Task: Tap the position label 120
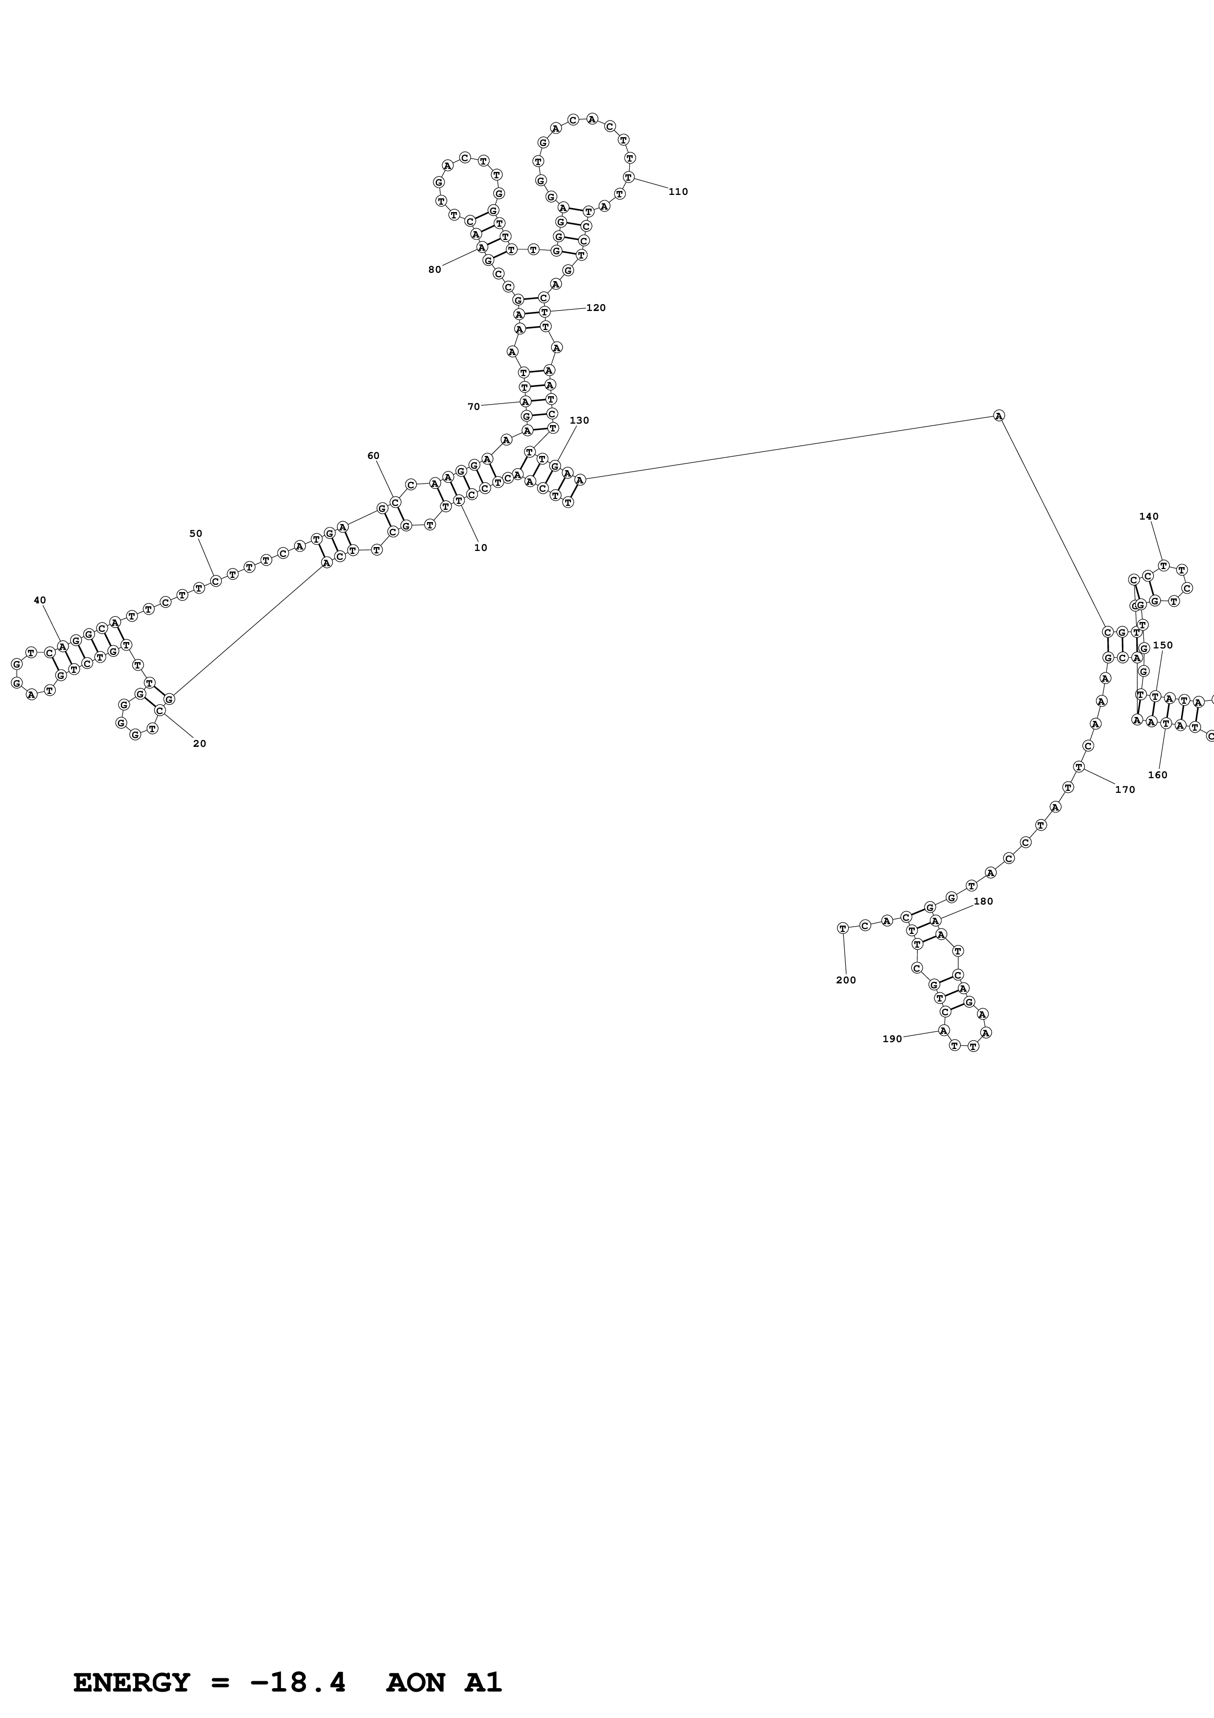tap(595, 308)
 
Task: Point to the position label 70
tap(474, 407)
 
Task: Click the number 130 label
tap(579, 421)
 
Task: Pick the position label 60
tap(373, 455)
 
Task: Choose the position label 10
tap(480, 548)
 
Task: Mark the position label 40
tap(40, 600)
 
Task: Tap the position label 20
tap(199, 744)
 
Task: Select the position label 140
tap(1148, 516)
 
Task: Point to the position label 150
tap(1163, 645)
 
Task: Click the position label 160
tap(1157, 775)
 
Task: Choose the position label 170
tap(1124, 789)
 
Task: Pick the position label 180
tap(983, 902)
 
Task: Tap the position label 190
tap(892, 1039)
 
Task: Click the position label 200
tap(845, 980)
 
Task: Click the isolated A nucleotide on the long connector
tap(999, 416)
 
